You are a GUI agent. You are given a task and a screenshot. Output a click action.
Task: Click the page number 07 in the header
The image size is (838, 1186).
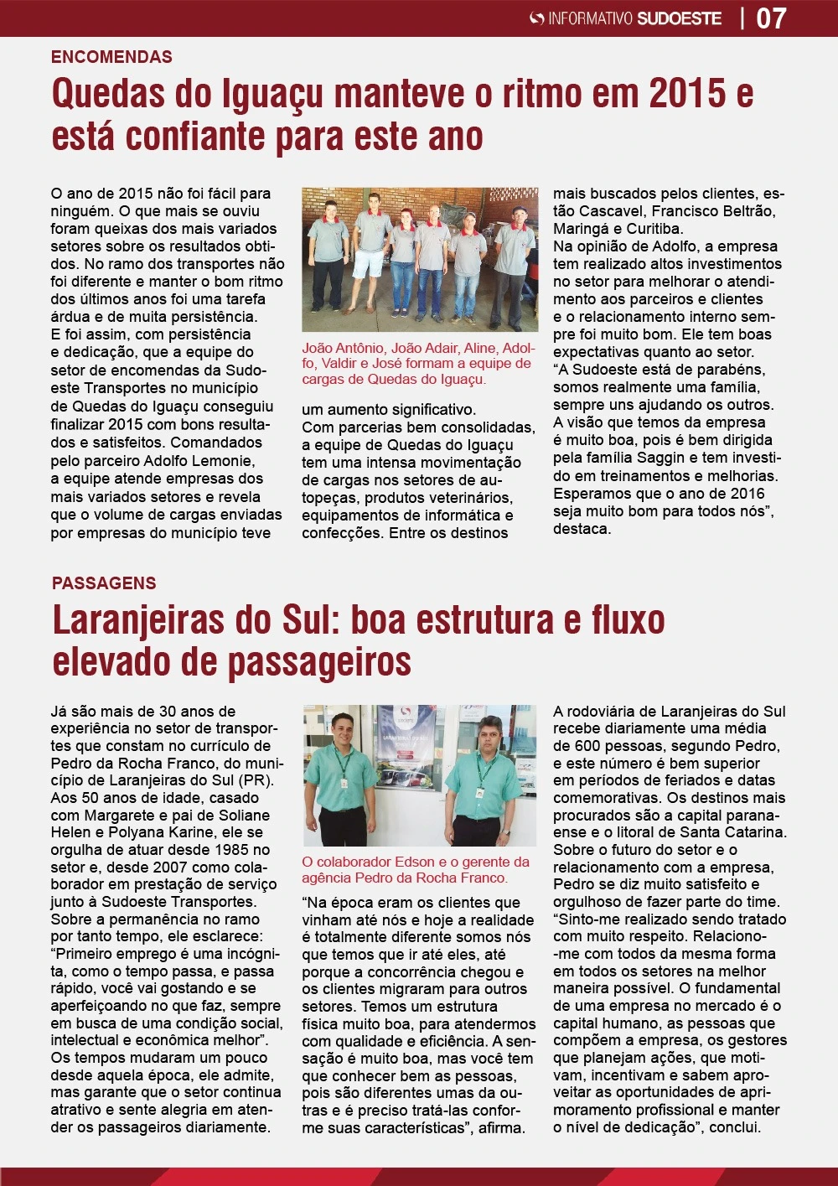[x=771, y=18]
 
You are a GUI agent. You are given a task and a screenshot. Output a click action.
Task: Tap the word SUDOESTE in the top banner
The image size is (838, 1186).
[x=679, y=18]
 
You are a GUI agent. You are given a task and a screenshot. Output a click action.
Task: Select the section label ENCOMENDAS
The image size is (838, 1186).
[x=111, y=57]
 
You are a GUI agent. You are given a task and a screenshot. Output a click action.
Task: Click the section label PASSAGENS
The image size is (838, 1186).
[x=104, y=583]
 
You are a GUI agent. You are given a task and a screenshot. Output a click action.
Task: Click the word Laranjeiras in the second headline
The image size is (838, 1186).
[x=139, y=620]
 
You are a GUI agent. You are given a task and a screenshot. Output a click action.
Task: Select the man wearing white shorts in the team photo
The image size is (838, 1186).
[x=369, y=251]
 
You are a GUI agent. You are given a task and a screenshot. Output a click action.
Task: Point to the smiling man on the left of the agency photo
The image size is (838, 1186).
[x=343, y=775]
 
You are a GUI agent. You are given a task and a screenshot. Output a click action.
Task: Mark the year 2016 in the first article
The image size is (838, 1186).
[x=747, y=494]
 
